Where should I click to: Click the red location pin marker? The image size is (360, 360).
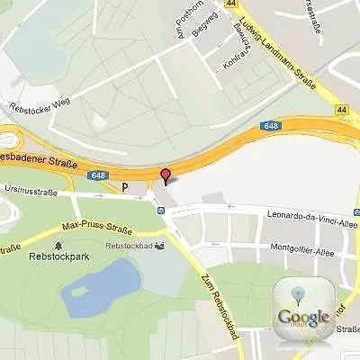165,175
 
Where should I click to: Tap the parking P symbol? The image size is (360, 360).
125,187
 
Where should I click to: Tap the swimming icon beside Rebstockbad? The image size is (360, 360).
159,244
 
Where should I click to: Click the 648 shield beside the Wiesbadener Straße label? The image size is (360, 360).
98,174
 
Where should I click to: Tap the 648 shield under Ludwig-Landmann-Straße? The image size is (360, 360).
272,126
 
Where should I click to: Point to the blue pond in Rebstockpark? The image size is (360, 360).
101,283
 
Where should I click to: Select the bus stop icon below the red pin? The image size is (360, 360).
160,211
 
